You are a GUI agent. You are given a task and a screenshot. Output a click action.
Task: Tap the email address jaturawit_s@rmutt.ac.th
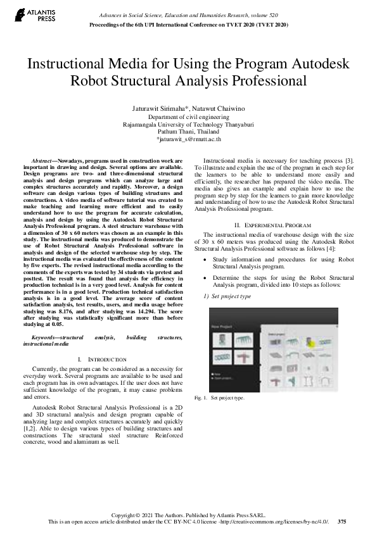pyautogui.click(x=188, y=138)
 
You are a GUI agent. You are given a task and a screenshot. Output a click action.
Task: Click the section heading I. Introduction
pyautogui.click(x=107, y=359)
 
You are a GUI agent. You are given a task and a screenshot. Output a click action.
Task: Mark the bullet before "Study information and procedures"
pyautogui.click(x=203, y=260)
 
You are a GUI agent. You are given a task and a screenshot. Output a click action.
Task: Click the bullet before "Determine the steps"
pyautogui.click(x=203, y=277)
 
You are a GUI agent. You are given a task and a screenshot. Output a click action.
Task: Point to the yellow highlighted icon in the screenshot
pyautogui.click(x=310, y=344)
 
